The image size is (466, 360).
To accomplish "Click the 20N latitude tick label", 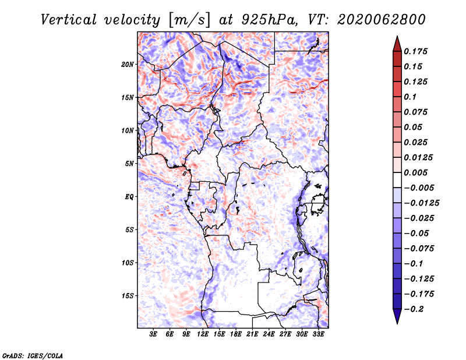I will pos(128,64).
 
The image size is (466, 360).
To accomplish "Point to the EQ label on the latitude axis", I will pos(129,197).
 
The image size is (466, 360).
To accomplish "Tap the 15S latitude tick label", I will pos(128,296).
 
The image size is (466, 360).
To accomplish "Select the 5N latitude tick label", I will pos(129,164).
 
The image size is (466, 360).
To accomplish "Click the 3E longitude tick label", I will pos(153,334).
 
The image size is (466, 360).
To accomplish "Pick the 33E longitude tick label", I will pos(318,334).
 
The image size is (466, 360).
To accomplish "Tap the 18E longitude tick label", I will pos(236,334).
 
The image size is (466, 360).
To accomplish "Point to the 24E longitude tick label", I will pos(269,334).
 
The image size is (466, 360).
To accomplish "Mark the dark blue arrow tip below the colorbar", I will pos(397,320).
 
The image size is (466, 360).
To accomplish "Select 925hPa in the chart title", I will pos(267,20).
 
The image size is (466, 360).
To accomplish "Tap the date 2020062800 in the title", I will pos(382,20).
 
